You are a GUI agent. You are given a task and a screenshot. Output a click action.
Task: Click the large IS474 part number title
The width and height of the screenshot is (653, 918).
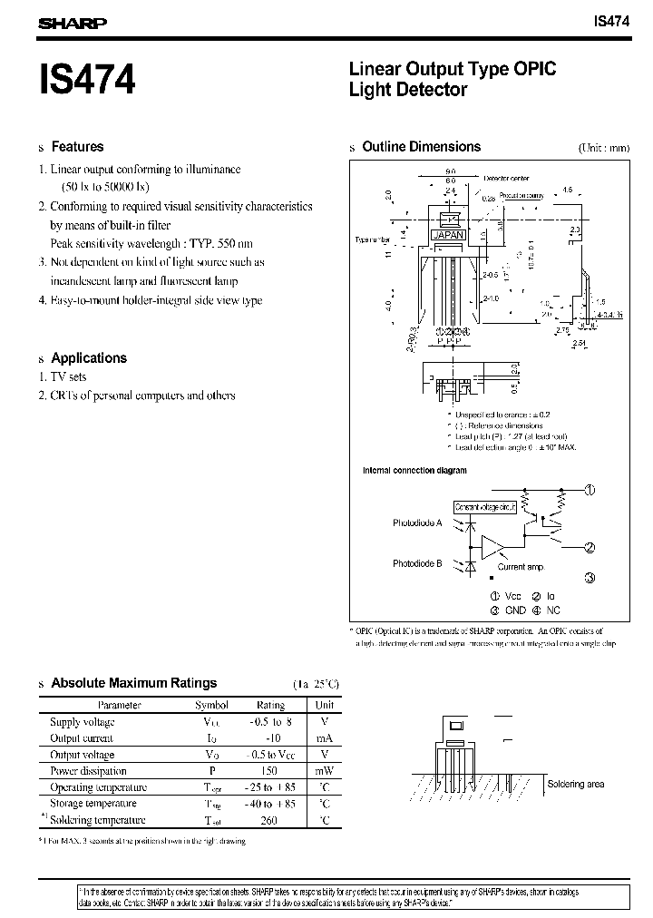(87, 80)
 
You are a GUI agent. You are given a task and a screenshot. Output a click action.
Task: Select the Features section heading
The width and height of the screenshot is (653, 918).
(77, 147)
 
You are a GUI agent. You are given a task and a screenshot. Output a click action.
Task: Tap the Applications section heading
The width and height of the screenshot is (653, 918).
(89, 358)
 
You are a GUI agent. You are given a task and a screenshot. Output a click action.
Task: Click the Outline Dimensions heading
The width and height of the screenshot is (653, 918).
(421, 147)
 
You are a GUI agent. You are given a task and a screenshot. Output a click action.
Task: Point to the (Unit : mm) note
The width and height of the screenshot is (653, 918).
(603, 148)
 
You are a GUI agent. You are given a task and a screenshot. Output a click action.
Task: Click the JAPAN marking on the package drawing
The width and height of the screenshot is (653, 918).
(449, 234)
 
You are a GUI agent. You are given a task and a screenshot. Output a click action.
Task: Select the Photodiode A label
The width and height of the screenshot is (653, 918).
(417, 523)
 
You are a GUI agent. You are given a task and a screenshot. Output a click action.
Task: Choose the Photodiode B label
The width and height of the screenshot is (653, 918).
(417, 563)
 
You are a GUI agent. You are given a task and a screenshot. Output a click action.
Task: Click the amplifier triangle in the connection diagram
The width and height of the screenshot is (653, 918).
(493, 546)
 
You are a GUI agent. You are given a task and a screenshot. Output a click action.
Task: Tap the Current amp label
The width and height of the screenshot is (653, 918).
(520, 567)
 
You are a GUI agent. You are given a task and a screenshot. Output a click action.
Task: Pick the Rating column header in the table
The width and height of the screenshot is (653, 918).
(270, 704)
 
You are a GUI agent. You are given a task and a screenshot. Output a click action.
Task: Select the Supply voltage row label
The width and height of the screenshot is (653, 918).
(83, 722)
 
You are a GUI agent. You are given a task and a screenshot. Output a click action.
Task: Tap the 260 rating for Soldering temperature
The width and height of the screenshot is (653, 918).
(270, 820)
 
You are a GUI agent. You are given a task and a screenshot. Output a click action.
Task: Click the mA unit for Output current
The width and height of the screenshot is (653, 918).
(324, 738)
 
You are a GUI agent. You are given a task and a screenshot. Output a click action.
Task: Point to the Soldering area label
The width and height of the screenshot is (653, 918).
(575, 784)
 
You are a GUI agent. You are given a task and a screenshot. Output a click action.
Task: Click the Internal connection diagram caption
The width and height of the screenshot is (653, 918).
(414, 471)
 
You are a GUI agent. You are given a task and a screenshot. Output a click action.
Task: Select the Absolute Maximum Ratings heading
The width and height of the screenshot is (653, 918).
(134, 683)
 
